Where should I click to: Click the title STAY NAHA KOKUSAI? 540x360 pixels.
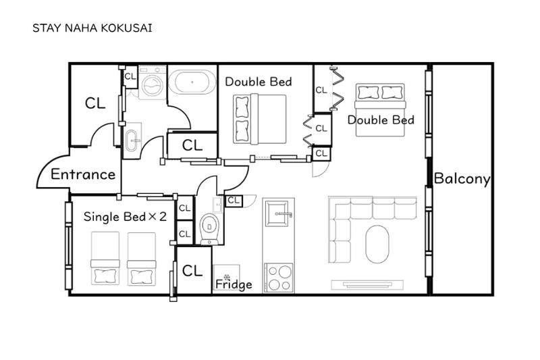[92, 28]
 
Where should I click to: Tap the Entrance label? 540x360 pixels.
[83, 174]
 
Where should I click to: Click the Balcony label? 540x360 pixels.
[462, 179]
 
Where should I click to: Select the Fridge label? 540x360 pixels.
[234, 284]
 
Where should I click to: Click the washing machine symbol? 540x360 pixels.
[153, 82]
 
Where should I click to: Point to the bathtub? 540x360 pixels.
[192, 82]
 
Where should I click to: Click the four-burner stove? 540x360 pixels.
[279, 278]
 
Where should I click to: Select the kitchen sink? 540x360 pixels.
[278, 214]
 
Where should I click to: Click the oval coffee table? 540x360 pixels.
[377, 245]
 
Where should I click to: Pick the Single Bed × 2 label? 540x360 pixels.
[125, 217]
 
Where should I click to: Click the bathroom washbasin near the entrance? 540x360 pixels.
[132, 140]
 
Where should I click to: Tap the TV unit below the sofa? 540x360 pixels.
[367, 285]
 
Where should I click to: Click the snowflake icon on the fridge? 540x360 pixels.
[227, 277]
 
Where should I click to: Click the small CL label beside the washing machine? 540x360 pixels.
[130, 76]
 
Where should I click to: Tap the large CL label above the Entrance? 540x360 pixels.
[95, 103]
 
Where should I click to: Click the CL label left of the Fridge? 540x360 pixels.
[192, 271]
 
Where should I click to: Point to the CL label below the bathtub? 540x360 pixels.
[192, 145]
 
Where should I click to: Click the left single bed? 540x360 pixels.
[105, 259]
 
